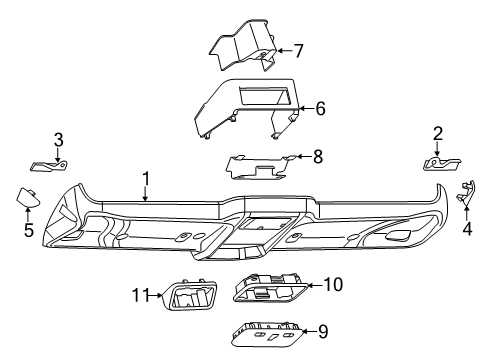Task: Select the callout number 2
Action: (x=437, y=134)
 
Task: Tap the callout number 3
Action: (x=58, y=140)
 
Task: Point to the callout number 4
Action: (x=467, y=228)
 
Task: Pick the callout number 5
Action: (x=28, y=230)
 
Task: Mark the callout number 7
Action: (x=297, y=49)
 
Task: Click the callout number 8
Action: (x=318, y=155)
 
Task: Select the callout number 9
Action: (x=322, y=331)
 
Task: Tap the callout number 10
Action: (x=333, y=285)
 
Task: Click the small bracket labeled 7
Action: (x=243, y=54)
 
